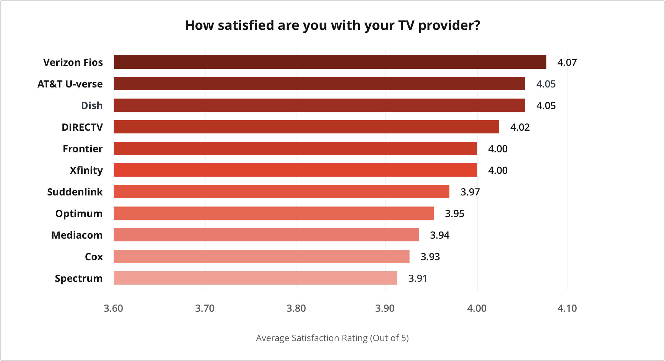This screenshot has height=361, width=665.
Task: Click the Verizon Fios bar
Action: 330,62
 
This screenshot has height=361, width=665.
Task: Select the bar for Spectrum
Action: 255,278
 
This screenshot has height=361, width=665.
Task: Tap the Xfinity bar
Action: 295,170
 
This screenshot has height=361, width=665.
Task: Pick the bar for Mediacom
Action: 266,235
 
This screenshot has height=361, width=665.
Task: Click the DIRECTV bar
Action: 306,127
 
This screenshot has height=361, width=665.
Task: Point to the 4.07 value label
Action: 567,63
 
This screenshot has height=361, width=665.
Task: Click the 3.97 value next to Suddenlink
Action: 470,192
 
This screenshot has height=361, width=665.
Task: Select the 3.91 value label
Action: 418,279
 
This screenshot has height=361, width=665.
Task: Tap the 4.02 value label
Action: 520,127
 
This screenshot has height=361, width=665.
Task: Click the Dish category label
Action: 92,106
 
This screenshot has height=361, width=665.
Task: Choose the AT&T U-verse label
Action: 70,84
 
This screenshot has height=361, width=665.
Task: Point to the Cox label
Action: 94,257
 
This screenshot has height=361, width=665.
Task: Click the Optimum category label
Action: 79,214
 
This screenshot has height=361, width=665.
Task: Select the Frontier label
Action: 83,149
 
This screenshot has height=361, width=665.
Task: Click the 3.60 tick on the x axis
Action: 113,308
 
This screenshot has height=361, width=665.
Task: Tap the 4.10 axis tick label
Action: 567,308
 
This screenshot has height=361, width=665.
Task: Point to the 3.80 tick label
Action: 296,308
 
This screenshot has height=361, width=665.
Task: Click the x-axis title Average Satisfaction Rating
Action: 332,338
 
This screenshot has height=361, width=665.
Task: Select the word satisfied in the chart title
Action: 246,25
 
